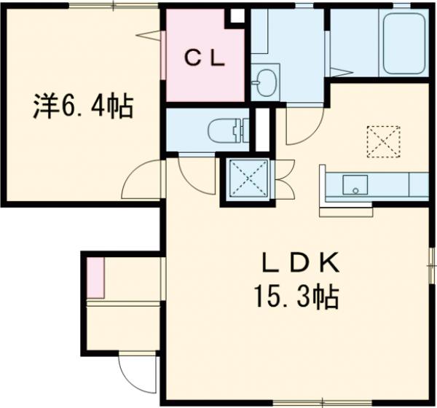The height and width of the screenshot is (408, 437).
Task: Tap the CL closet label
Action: pos(203,58)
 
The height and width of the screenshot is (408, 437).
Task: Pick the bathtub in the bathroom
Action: pos(403,44)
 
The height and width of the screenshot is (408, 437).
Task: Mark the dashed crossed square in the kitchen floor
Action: pos(383,141)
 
